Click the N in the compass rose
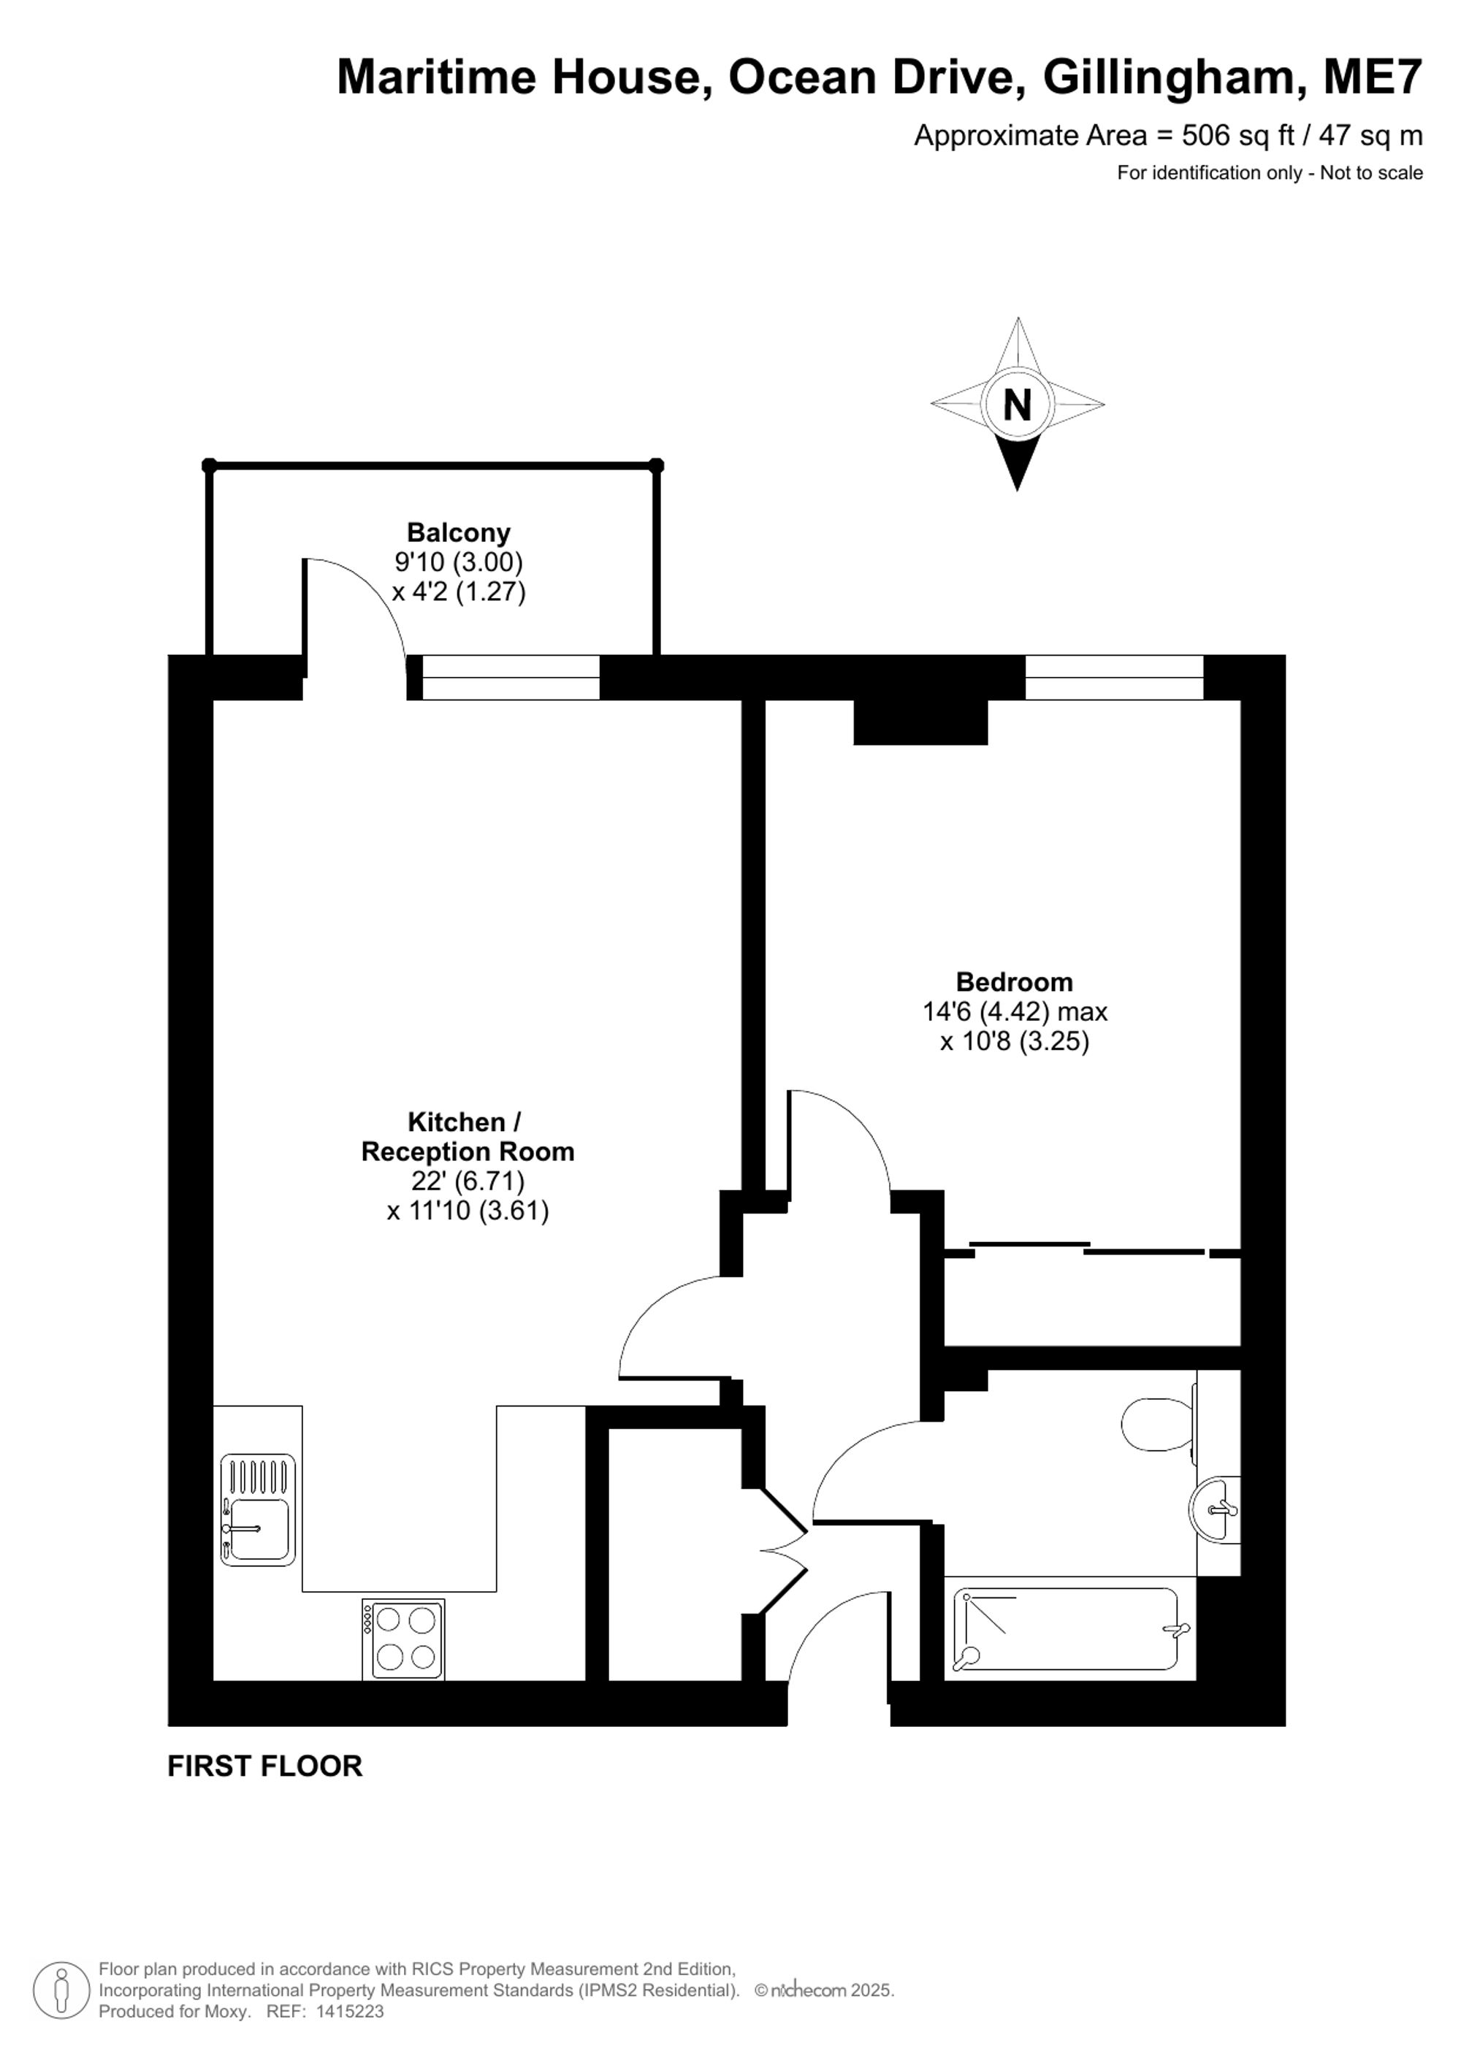(x=1017, y=406)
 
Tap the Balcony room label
(x=458, y=532)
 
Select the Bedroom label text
(x=1014, y=981)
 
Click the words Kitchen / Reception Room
(x=467, y=1137)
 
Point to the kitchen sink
(x=258, y=1510)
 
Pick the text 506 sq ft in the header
(x=1238, y=136)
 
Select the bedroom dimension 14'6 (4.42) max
(x=1015, y=1012)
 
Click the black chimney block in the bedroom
(x=920, y=722)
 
